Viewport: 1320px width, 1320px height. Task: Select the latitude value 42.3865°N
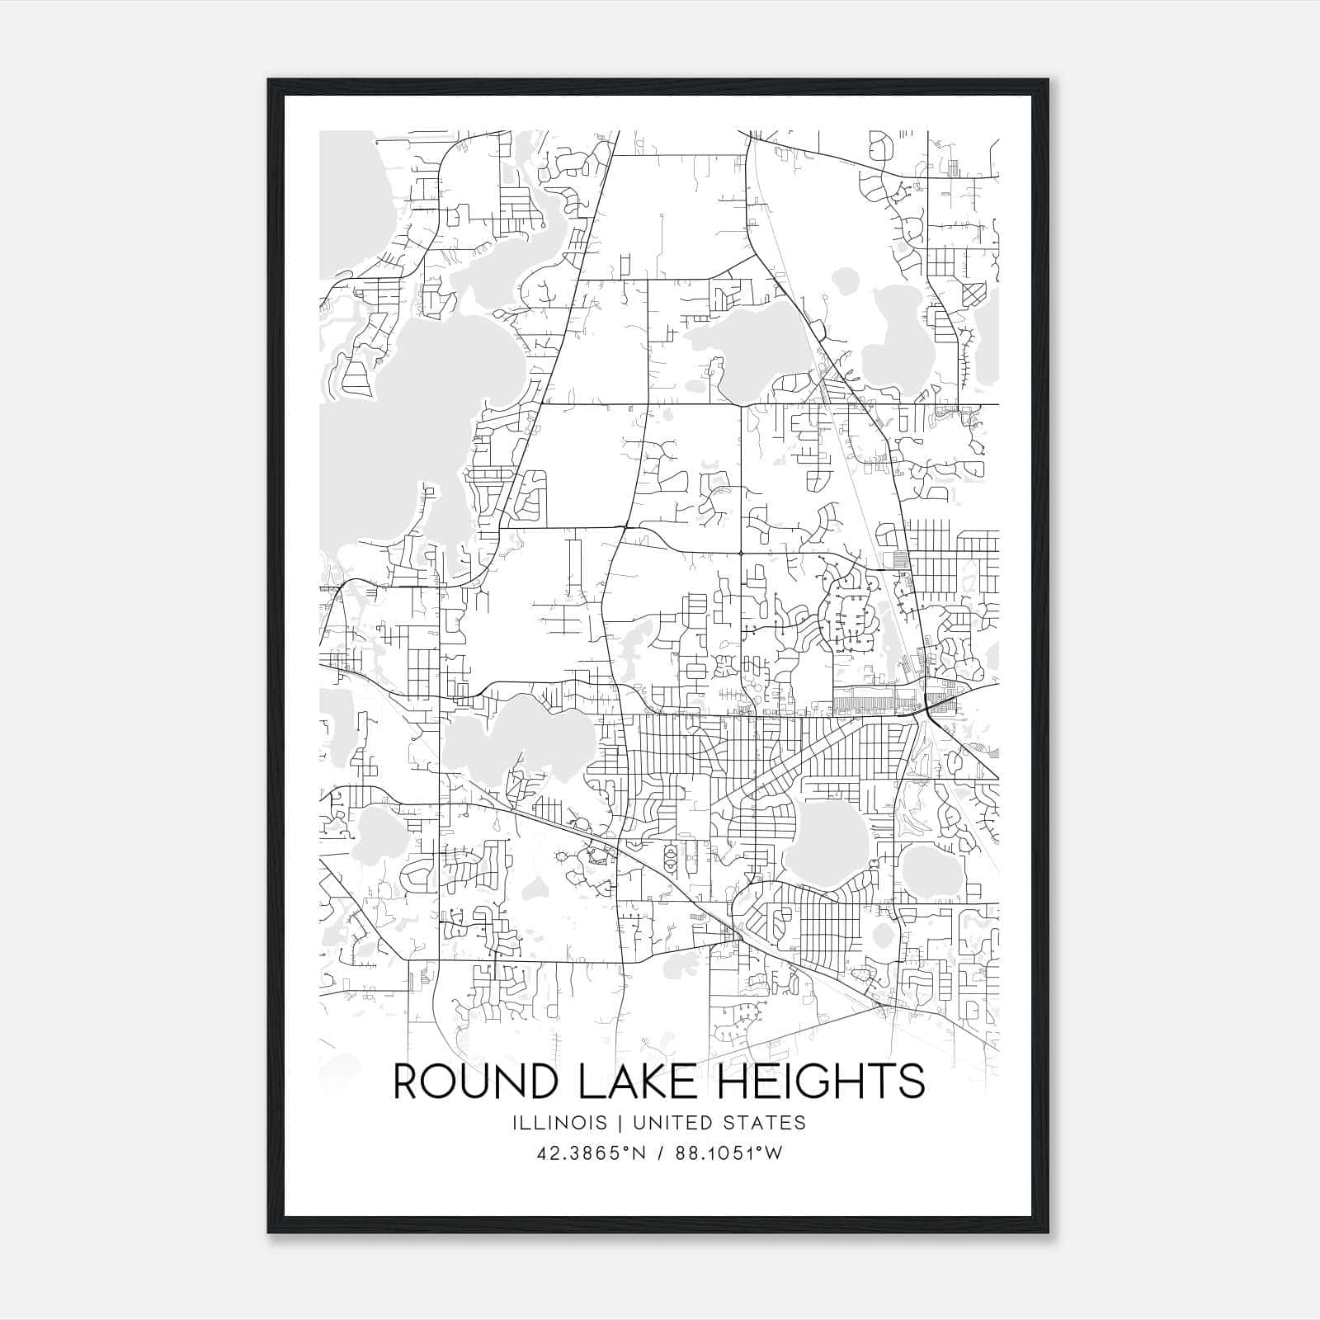tap(589, 1153)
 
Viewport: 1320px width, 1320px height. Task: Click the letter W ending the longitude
tap(772, 1153)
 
